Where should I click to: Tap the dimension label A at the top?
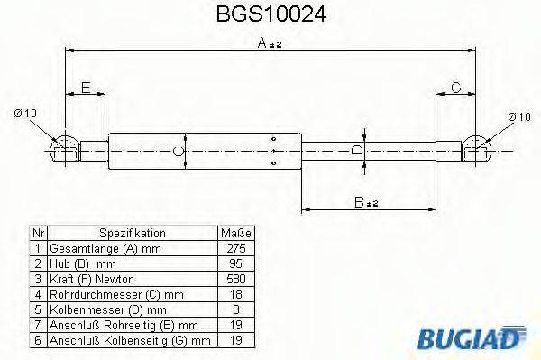(261, 42)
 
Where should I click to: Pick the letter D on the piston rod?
(357, 150)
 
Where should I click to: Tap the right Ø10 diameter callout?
(518, 116)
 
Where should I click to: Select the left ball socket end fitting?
(62, 148)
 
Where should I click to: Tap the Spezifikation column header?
(132, 232)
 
